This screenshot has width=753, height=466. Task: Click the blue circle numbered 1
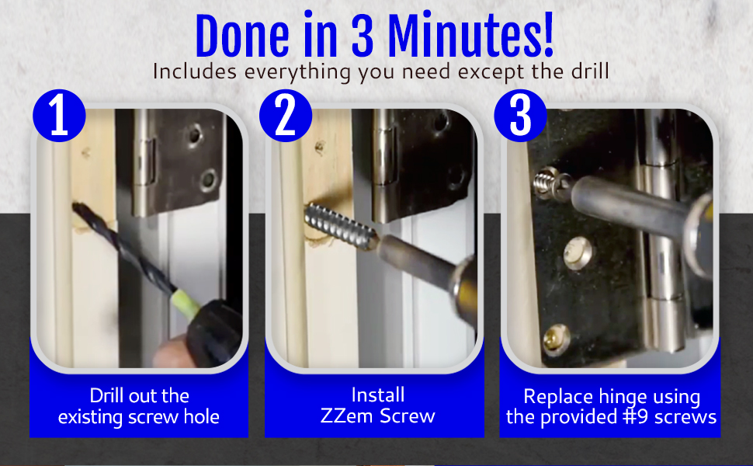pos(59,116)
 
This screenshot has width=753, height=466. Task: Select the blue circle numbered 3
pos(520,116)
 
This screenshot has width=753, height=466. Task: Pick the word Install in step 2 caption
pos(378,395)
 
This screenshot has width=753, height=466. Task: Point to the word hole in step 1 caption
pos(200,417)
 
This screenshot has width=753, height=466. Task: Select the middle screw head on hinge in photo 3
pos(578,252)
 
